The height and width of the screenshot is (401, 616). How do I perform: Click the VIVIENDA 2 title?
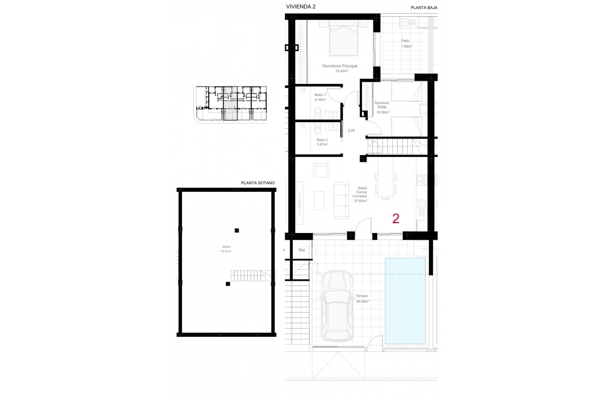300,7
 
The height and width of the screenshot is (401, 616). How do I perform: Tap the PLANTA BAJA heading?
424,8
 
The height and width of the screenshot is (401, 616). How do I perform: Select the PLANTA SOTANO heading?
258,182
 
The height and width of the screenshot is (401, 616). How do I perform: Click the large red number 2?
396,219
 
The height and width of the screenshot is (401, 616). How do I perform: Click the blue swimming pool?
405,301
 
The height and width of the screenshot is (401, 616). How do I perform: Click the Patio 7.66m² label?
406,43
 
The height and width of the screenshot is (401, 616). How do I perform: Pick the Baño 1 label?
320,97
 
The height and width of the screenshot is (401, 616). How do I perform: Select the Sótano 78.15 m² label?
226,249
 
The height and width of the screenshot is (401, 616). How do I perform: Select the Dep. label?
302,250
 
